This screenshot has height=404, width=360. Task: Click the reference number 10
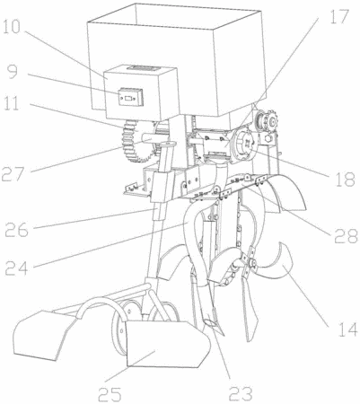pyautogui.click(x=12, y=27)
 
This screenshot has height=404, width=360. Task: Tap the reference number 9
pyautogui.click(x=13, y=72)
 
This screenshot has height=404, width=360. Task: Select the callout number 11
pyautogui.click(x=12, y=103)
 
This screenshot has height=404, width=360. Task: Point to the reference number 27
pyautogui.click(x=13, y=174)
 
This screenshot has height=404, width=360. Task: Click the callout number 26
pyautogui.click(x=17, y=230)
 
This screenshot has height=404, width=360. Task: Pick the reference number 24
pyautogui.click(x=17, y=268)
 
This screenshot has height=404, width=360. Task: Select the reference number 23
pyautogui.click(x=241, y=393)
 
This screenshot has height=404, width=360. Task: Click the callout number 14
pyautogui.click(x=348, y=329)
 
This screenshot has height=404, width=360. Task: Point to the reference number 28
pyautogui.click(x=346, y=235)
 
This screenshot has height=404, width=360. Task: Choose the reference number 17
pyautogui.click(x=340, y=17)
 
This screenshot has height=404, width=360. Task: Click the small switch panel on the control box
pyautogui.click(x=130, y=97)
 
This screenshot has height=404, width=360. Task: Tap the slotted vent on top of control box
pyautogui.click(x=144, y=68)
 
